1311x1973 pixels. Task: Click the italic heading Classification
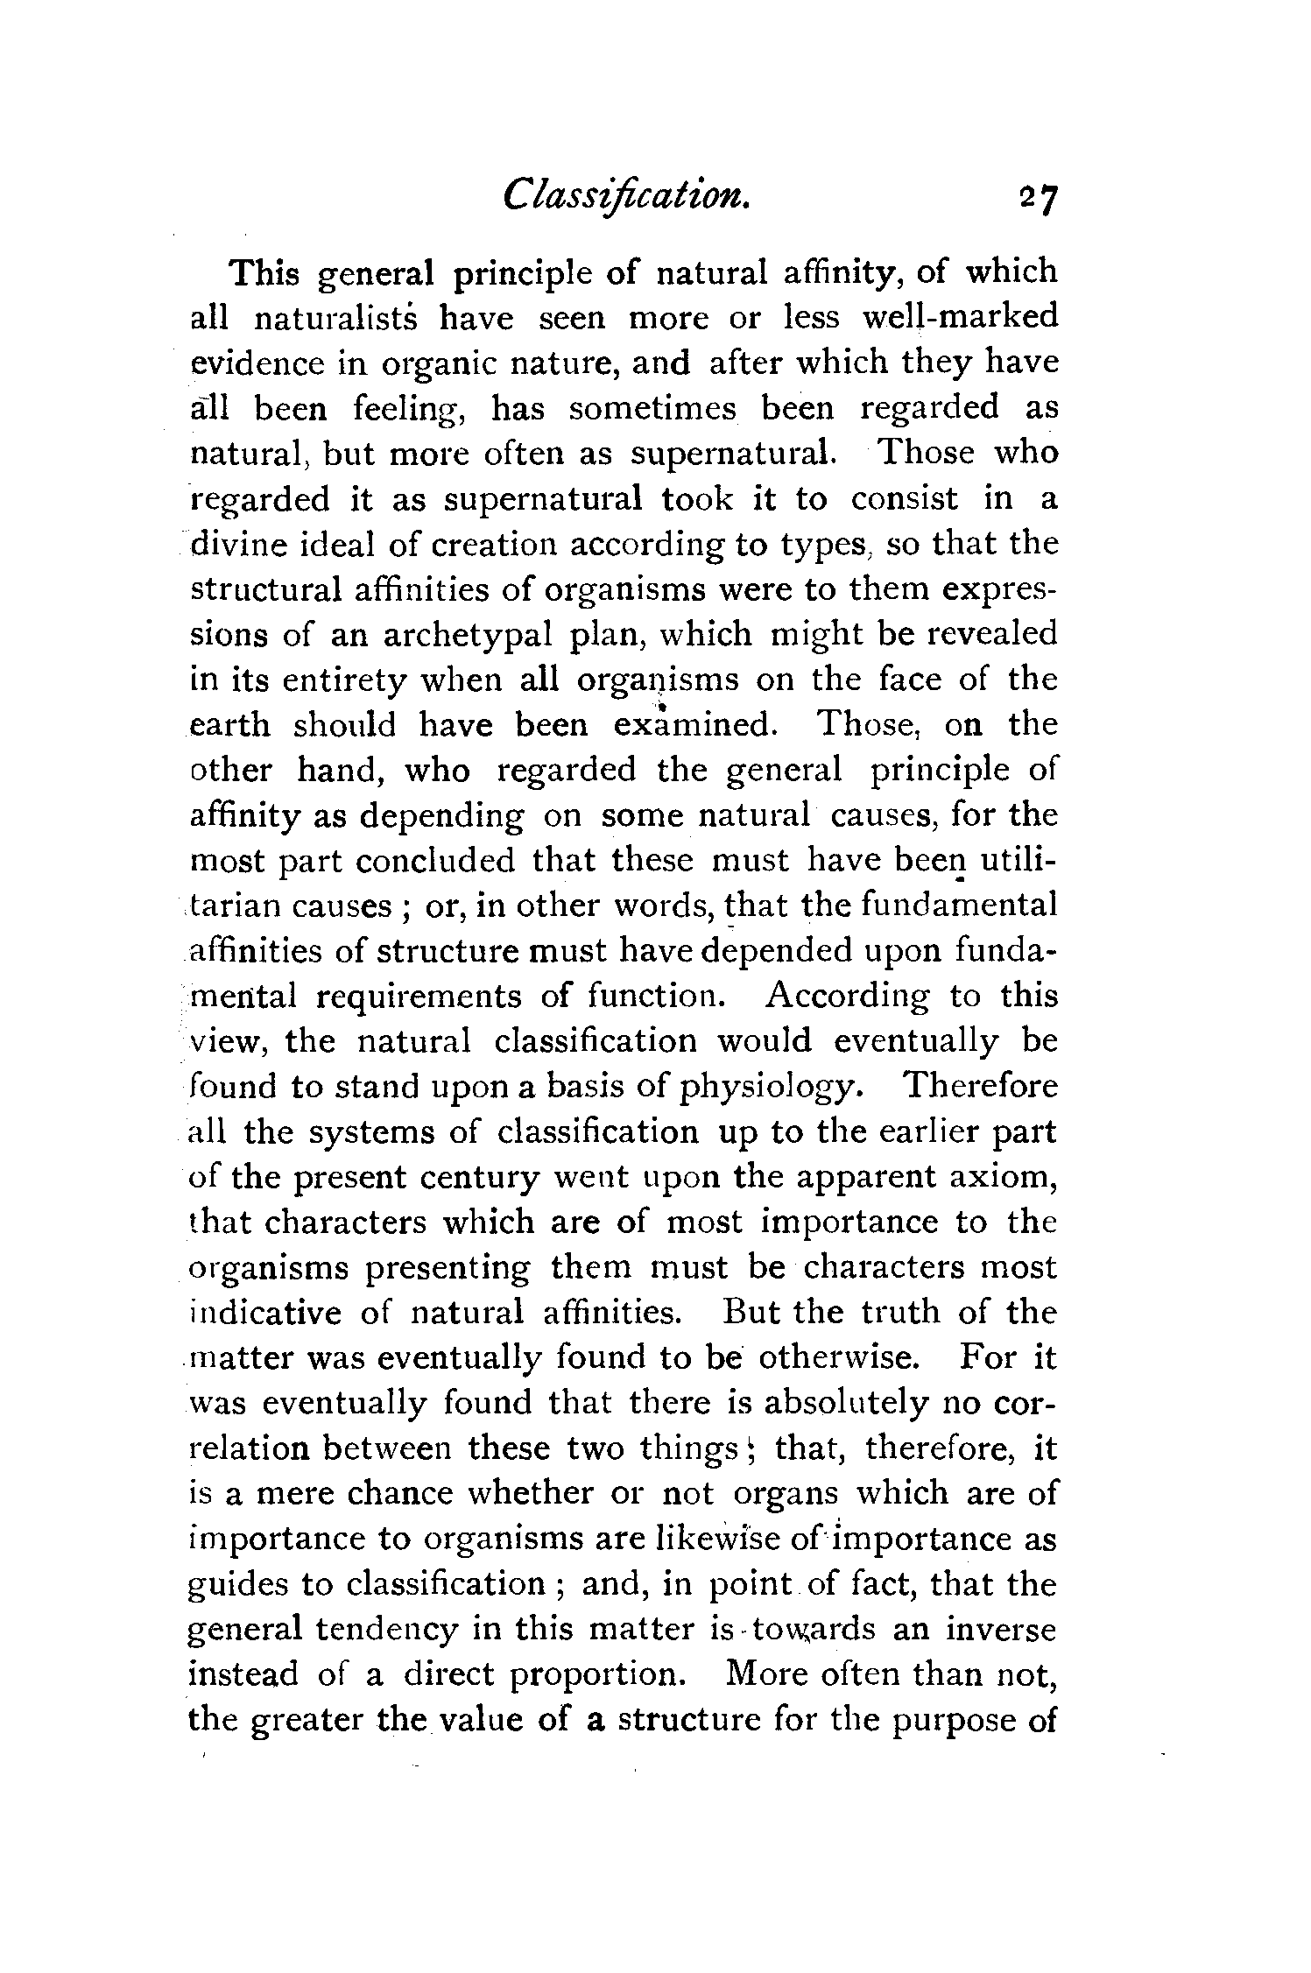click(625, 207)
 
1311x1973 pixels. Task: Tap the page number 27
click(1040, 212)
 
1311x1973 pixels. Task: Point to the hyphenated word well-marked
click(960, 316)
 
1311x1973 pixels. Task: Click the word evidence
click(252, 363)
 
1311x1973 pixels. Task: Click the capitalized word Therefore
click(980, 1087)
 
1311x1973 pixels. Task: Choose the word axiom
click(1004, 1178)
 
